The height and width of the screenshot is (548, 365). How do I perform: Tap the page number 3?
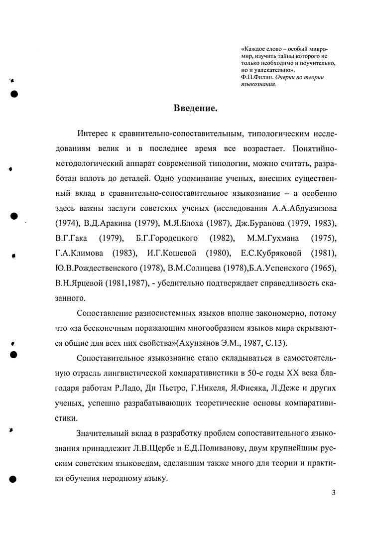coord(333,493)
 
